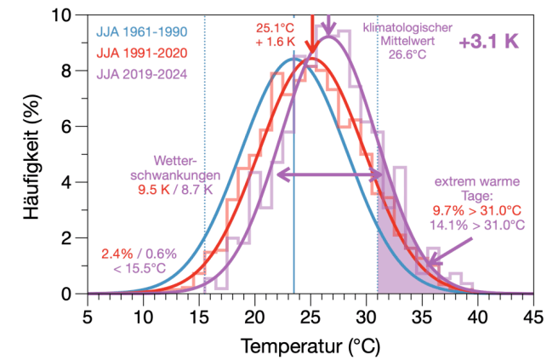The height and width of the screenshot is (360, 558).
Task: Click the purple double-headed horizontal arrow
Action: [x=330, y=174]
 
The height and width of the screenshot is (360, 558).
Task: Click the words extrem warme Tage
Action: [x=477, y=188]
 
